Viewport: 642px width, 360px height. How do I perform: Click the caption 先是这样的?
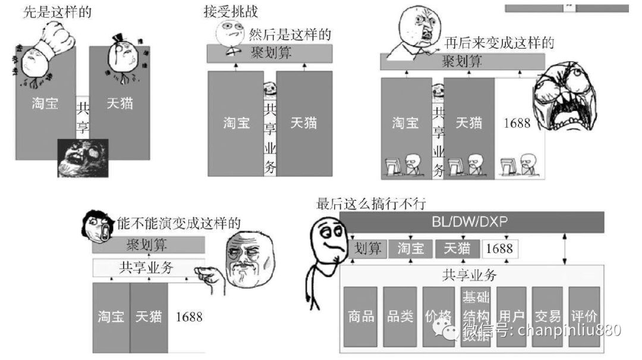coord(58,11)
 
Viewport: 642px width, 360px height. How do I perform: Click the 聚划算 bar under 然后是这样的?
coord(269,53)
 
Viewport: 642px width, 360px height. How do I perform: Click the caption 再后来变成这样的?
coord(499,43)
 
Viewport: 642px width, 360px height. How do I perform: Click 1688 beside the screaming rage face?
coord(516,123)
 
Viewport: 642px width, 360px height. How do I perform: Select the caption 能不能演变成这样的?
coord(178,223)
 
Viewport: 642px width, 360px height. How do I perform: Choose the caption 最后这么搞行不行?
coord(372,204)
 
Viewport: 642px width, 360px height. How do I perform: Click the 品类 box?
coord(399,316)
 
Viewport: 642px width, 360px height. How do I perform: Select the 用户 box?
coord(512,316)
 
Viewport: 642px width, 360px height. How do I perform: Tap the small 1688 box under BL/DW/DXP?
coord(499,248)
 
